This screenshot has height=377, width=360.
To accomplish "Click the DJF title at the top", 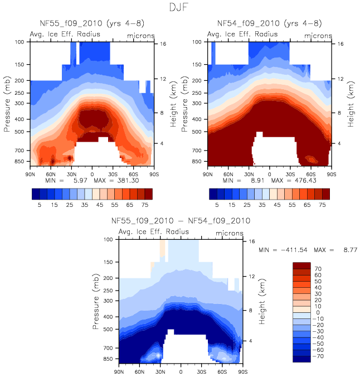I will [x=180, y=8].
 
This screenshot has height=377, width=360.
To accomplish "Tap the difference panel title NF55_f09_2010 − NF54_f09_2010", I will [x=181, y=221].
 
